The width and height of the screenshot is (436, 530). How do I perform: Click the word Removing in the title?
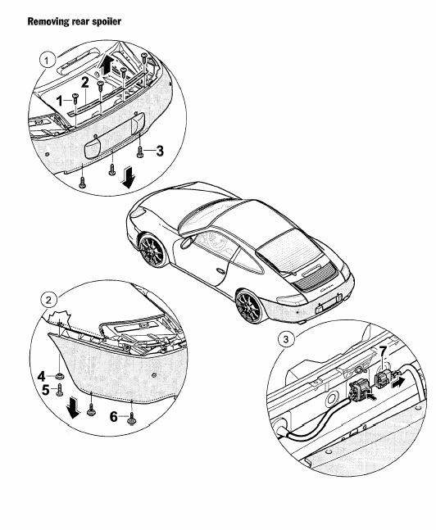coord(48,21)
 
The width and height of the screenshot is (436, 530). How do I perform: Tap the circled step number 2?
coord(48,300)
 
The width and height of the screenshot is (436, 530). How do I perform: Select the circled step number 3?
coord(286,339)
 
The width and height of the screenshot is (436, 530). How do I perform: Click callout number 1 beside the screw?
coord(60,101)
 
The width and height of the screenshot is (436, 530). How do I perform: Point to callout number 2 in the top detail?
coord(84,83)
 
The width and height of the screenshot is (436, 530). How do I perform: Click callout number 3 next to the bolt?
coord(160,151)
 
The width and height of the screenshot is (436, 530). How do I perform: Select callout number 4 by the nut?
coord(41,376)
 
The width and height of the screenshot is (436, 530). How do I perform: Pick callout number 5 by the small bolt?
coord(46,390)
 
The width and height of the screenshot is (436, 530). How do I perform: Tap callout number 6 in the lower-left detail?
coord(114,417)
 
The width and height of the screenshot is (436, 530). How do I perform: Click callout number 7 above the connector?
coord(383,352)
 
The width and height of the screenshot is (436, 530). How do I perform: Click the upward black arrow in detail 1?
coord(107,65)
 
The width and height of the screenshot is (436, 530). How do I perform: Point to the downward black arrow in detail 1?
coord(129,178)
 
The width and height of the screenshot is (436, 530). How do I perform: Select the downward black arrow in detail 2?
coord(73,408)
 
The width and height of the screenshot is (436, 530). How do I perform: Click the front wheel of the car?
coord(152,251)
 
